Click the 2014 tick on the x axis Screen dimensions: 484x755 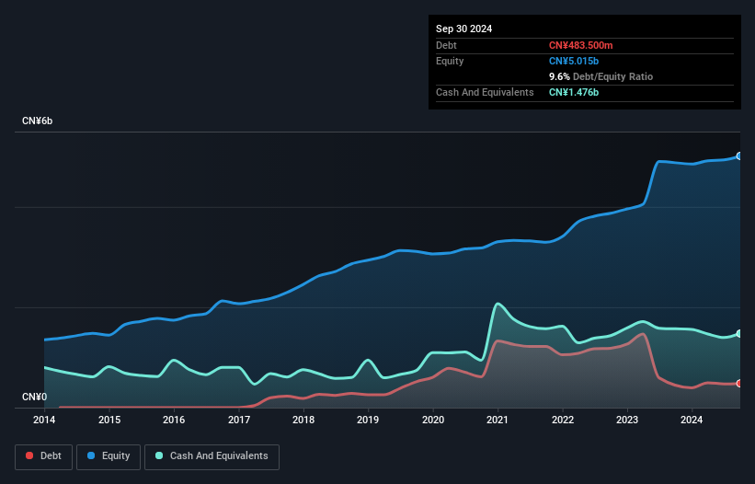point(44,421)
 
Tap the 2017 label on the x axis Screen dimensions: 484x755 point(239,421)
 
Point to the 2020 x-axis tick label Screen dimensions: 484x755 point(433,421)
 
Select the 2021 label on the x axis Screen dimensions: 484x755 point(498,421)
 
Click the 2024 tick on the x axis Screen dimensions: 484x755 point(692,421)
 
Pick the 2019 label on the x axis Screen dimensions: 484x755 point(368,421)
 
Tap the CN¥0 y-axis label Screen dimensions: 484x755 point(34,398)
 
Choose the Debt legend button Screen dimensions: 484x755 point(42,455)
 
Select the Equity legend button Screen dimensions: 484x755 point(108,455)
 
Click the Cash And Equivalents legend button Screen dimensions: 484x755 point(212,455)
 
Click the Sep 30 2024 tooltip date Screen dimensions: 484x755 point(463,29)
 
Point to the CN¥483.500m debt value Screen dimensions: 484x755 point(580,45)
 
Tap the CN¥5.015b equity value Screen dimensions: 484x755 point(574,61)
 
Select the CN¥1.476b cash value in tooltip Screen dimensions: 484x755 point(574,92)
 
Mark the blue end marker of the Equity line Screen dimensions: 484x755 point(739,156)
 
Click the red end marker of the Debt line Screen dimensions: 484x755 point(739,383)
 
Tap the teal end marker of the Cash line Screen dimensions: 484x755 point(739,333)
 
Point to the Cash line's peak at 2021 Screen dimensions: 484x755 point(498,304)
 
